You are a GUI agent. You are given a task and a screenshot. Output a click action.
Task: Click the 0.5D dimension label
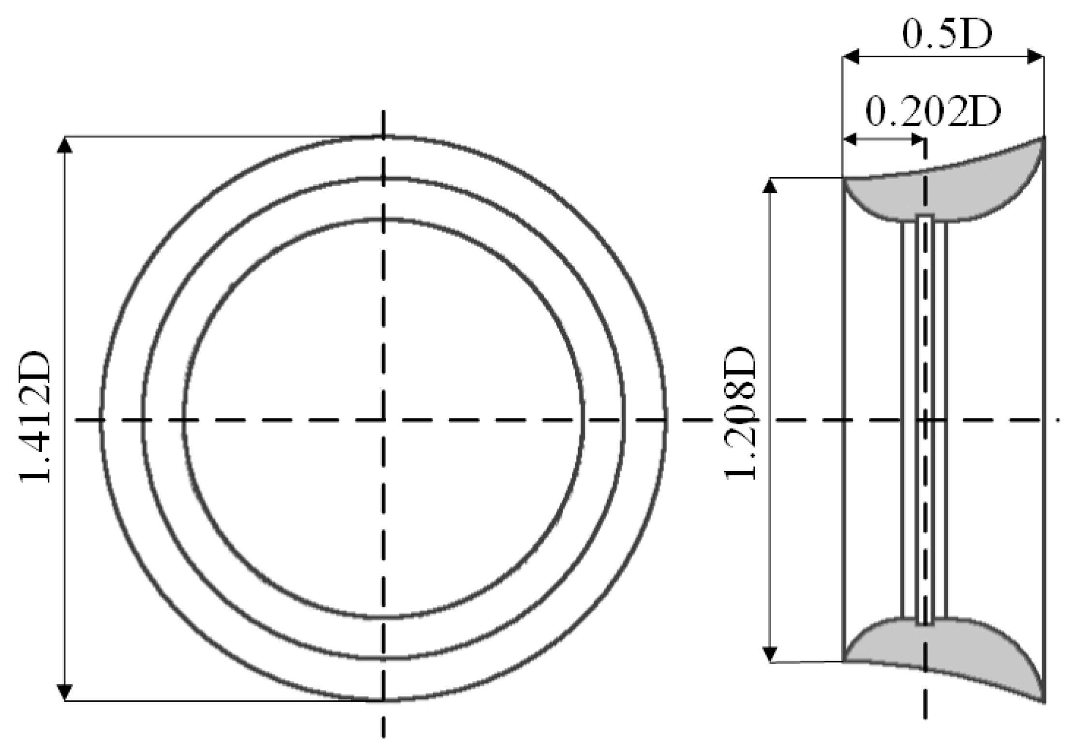[947, 35]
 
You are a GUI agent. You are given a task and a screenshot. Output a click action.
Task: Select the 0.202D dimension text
[933, 112]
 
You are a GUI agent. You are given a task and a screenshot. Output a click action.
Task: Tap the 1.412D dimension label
[35, 416]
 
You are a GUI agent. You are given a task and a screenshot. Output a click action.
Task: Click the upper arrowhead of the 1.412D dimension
[65, 145]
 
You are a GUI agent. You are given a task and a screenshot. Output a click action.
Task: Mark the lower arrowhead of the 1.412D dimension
[65, 693]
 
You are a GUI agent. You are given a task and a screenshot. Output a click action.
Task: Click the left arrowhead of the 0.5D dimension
[851, 57]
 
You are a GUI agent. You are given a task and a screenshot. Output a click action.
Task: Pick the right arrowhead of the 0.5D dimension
[1035, 57]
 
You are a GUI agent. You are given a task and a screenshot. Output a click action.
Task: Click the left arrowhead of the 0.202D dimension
[850, 139]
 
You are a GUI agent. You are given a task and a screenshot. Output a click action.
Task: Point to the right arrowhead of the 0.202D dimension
[918, 139]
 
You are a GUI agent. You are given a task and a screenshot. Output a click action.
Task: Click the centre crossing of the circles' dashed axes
[383, 420]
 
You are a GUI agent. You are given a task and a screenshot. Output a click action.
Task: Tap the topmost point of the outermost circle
[383, 137]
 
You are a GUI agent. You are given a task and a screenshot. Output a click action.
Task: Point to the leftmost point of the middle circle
[144, 420]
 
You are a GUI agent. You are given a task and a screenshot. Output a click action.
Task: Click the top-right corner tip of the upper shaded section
[1044, 138]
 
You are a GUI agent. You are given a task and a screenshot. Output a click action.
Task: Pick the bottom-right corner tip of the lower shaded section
[1043, 701]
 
